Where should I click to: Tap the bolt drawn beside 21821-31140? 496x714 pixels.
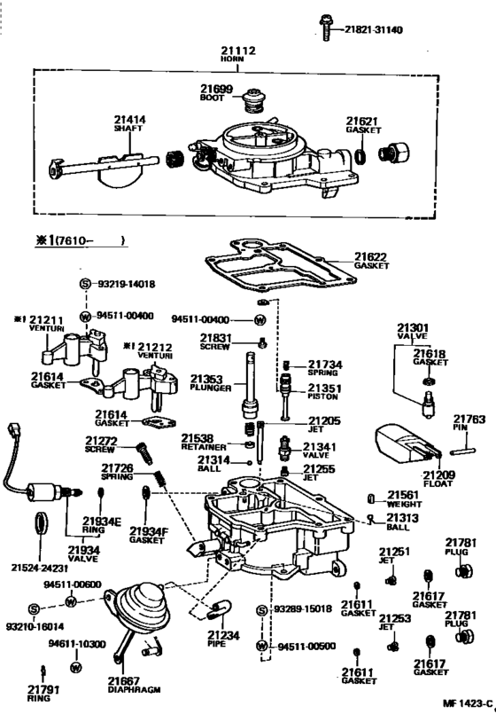pos(328,28)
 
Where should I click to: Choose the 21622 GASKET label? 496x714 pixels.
pos(372,261)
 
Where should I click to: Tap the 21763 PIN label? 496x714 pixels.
pos(469,423)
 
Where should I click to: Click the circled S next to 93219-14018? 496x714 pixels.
pos(85,284)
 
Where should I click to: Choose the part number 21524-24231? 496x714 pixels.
pos(41,567)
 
